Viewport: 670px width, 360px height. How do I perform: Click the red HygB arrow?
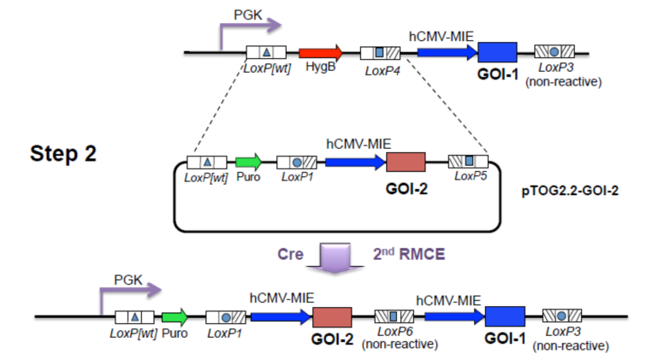319,53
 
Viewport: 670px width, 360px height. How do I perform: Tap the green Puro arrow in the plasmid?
247,162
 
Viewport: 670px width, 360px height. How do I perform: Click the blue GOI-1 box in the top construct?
497,52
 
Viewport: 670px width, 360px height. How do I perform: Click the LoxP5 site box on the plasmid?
468,162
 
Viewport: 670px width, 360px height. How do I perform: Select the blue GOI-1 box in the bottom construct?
505,316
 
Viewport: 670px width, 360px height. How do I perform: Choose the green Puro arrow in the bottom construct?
175,316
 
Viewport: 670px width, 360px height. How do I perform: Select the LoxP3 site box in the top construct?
554,52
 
